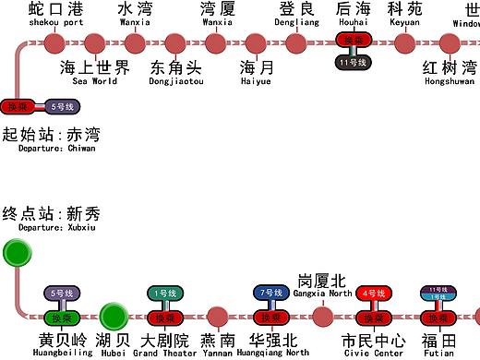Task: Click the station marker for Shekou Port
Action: pos(54,42)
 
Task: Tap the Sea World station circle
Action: pos(94,42)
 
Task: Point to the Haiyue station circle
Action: pos(255,42)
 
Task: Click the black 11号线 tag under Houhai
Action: pos(354,62)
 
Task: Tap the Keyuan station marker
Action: pos(404,42)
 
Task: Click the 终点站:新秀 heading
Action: pos(52,215)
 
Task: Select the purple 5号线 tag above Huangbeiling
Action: pos(60,294)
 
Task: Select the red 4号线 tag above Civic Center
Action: pos(374,294)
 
